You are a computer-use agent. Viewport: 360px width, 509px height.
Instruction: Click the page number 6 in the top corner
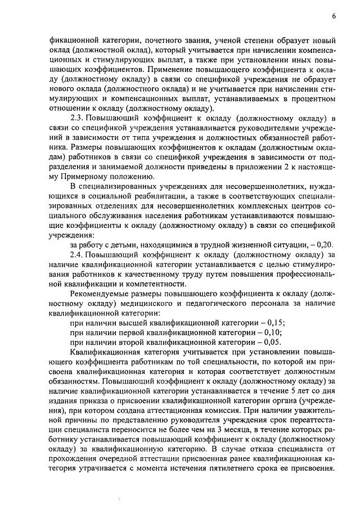pos(334,16)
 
